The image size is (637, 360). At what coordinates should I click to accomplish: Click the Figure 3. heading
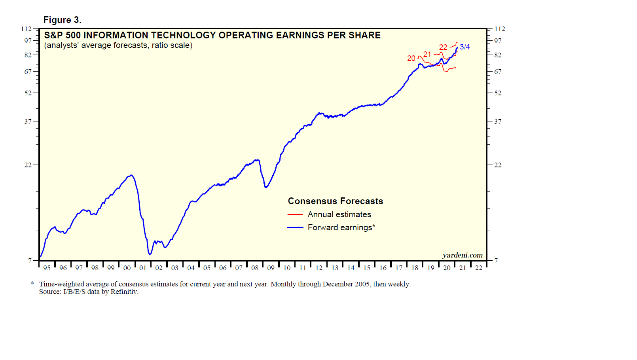pos(62,20)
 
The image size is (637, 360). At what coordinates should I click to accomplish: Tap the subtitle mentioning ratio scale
pos(118,45)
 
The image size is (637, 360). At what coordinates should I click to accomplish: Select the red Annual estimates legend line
pos(295,214)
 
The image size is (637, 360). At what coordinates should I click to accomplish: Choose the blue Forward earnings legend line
pos(295,227)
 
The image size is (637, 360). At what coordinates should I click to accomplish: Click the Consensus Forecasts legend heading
pos(336,201)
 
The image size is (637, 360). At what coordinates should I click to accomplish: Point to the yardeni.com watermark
pos(463,255)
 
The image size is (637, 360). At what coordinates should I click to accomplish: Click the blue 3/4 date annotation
pos(465,47)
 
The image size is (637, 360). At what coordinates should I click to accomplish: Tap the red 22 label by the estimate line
pos(443,47)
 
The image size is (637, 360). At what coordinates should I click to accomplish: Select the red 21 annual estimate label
pos(427,55)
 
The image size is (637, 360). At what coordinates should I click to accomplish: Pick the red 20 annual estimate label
pos(411,59)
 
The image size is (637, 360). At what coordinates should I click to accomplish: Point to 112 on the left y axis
pos(26,29)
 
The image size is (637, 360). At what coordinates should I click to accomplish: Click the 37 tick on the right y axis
pos(498,121)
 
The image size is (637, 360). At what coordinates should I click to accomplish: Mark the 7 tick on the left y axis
pos(30,261)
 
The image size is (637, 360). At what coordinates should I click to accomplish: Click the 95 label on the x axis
pos(47,268)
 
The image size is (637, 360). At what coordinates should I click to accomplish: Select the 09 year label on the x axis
pos(271,268)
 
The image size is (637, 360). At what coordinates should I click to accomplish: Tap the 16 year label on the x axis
pos(383,268)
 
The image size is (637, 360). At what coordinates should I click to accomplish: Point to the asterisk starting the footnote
pos(32,284)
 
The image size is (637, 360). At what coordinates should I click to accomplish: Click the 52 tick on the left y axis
pos(28,93)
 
